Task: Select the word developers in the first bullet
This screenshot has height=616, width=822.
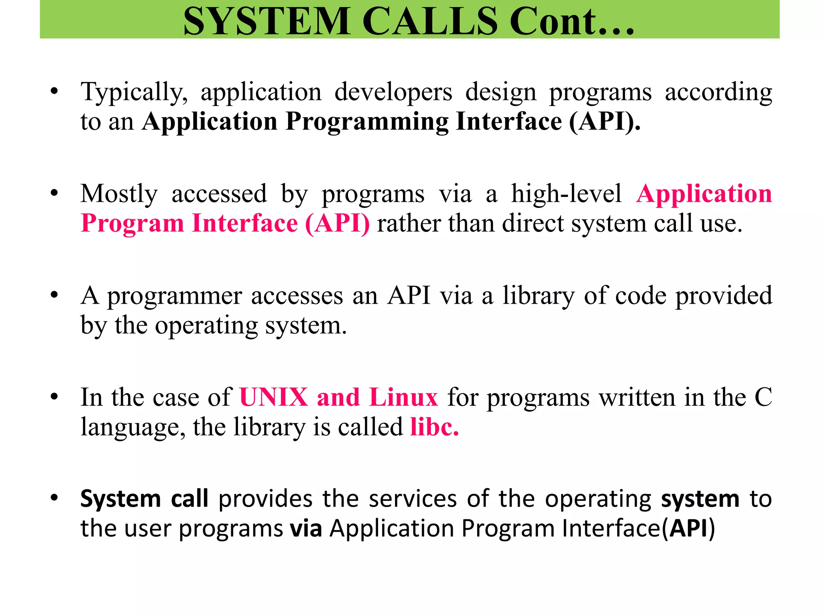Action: point(393,92)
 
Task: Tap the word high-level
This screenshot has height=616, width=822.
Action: point(566,194)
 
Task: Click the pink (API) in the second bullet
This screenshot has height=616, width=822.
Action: point(337,223)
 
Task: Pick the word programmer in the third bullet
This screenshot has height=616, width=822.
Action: point(174,297)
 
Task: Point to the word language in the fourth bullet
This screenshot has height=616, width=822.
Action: point(133,428)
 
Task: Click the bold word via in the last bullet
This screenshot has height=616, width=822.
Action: point(306,529)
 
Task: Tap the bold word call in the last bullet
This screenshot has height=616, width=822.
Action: point(189,499)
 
